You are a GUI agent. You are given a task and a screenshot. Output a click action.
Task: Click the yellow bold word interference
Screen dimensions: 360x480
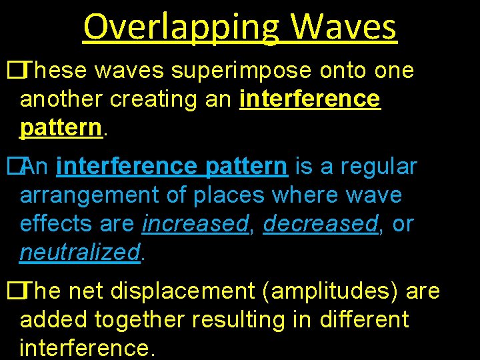(x=310, y=99)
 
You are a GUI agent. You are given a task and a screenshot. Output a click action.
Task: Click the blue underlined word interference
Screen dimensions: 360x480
(x=127, y=166)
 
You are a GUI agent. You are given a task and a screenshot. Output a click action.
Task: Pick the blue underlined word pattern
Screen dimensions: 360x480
(x=247, y=166)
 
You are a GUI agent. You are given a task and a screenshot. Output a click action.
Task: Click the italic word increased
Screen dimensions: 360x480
(x=195, y=224)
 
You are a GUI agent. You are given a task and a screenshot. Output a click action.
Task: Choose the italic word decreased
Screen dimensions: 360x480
(x=321, y=224)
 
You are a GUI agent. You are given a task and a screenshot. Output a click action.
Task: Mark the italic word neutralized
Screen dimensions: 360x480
(x=80, y=253)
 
